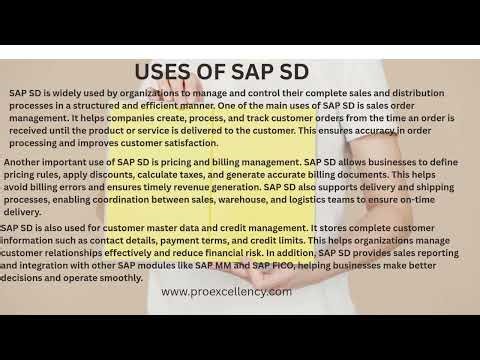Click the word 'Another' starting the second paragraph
[28, 160]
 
